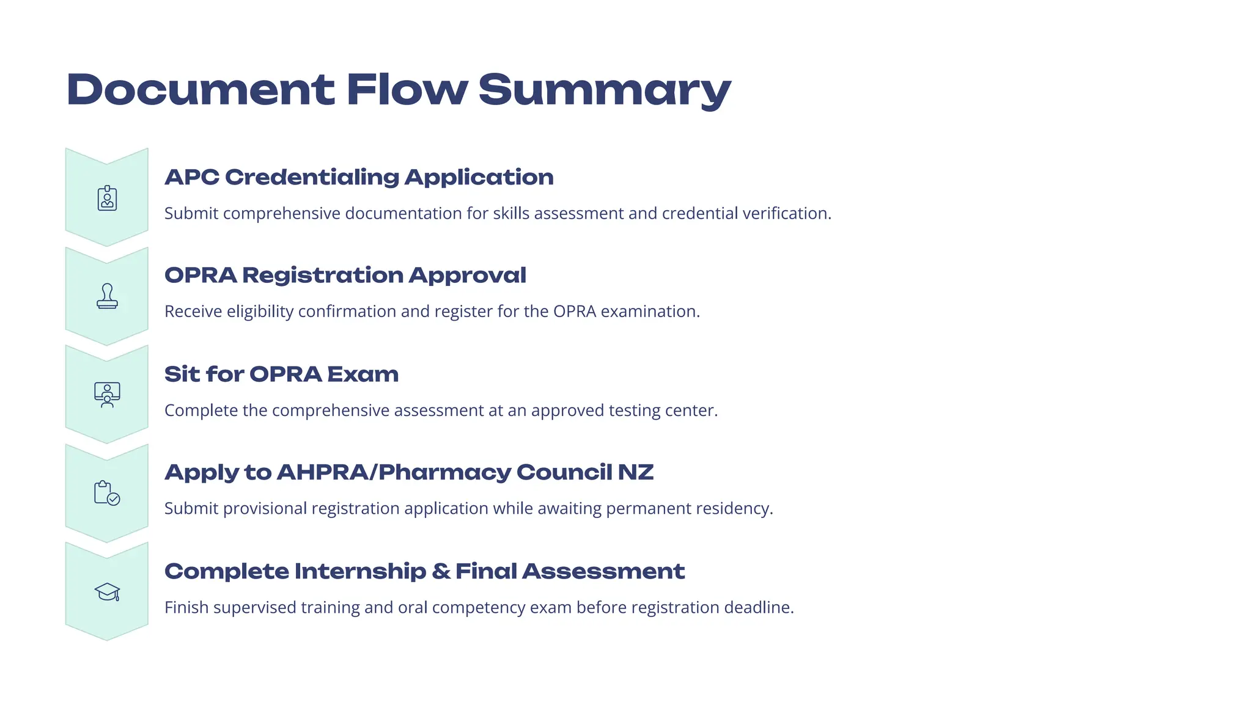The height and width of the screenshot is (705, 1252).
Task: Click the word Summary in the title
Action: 604,90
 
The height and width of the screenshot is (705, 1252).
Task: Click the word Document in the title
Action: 201,90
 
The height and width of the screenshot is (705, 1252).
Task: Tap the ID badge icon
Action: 107,199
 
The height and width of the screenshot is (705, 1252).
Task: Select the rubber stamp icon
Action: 107,296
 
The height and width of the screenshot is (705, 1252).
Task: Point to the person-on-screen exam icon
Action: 107,395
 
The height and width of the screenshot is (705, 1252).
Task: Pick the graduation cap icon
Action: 107,592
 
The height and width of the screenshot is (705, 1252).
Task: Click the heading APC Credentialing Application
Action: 359,177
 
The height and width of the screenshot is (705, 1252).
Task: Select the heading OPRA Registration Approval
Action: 345,276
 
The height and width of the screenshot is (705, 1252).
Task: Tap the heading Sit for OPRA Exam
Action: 281,374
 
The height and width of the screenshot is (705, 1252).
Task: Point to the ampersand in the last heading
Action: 441,571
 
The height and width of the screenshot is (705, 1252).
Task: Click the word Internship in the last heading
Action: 360,571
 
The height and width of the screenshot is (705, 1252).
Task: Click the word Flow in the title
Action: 407,90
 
